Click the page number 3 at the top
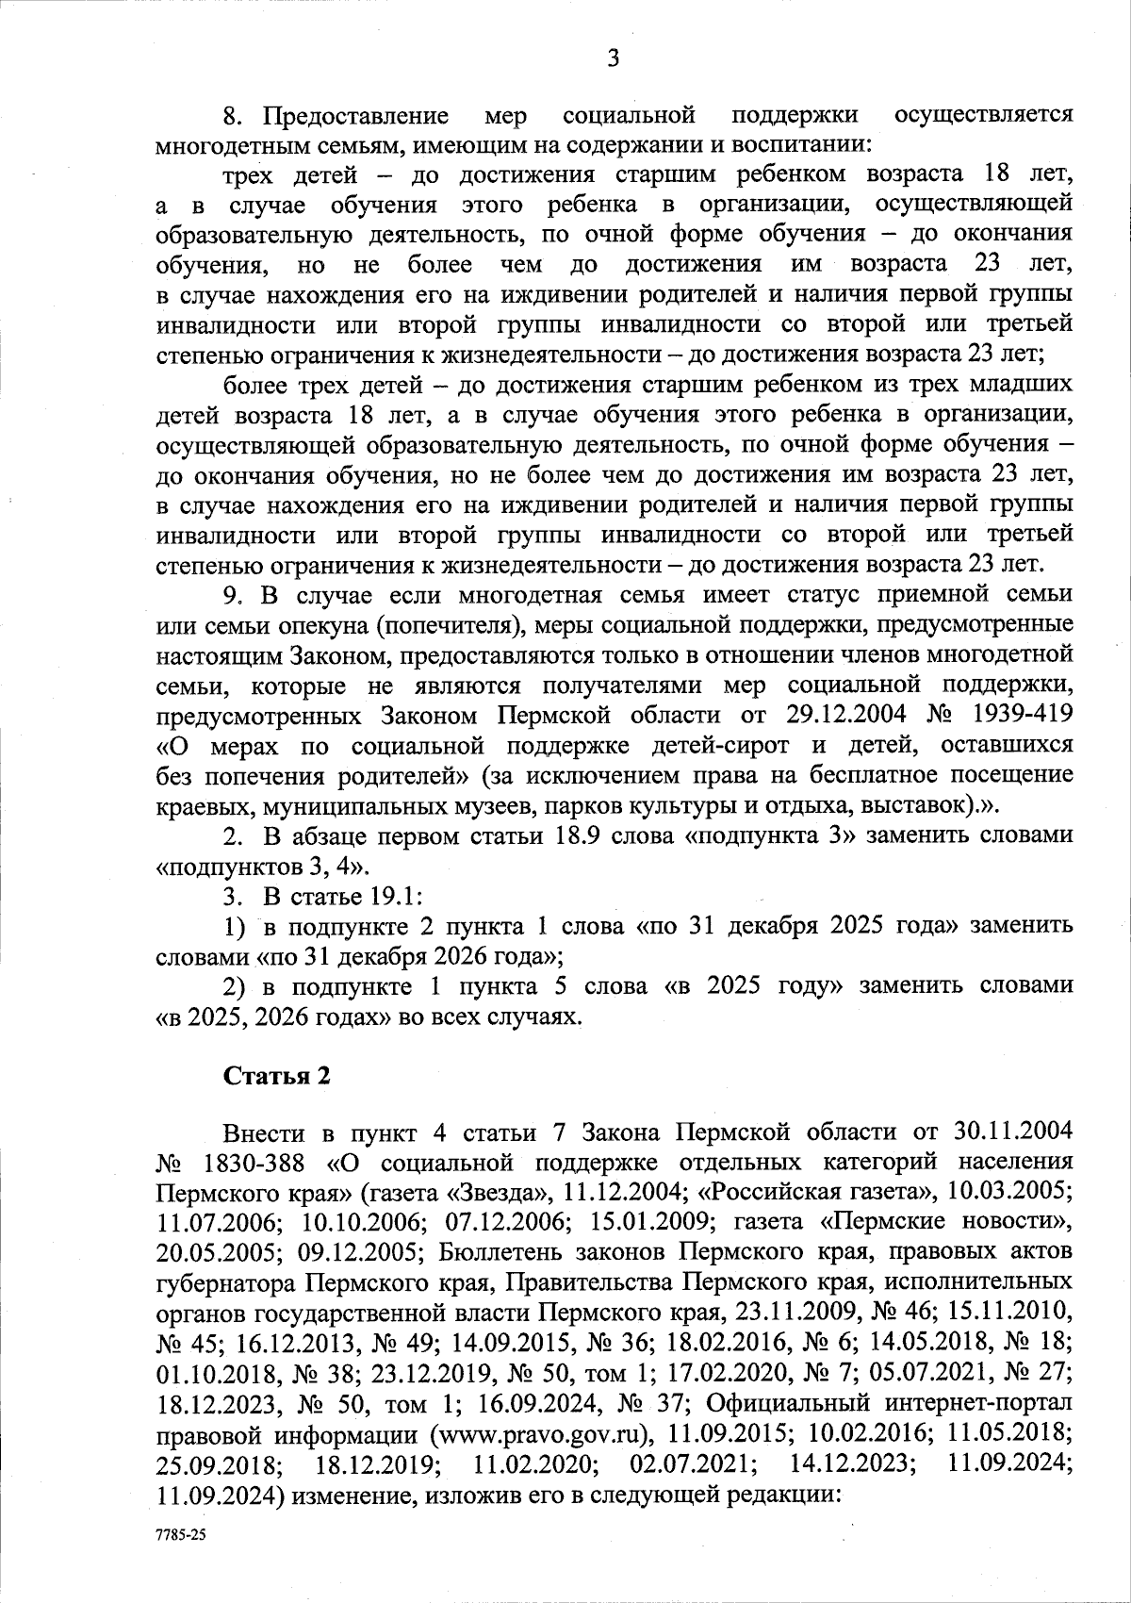tap(613, 59)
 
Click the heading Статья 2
tap(276, 1077)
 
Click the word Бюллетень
tap(514, 1251)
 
